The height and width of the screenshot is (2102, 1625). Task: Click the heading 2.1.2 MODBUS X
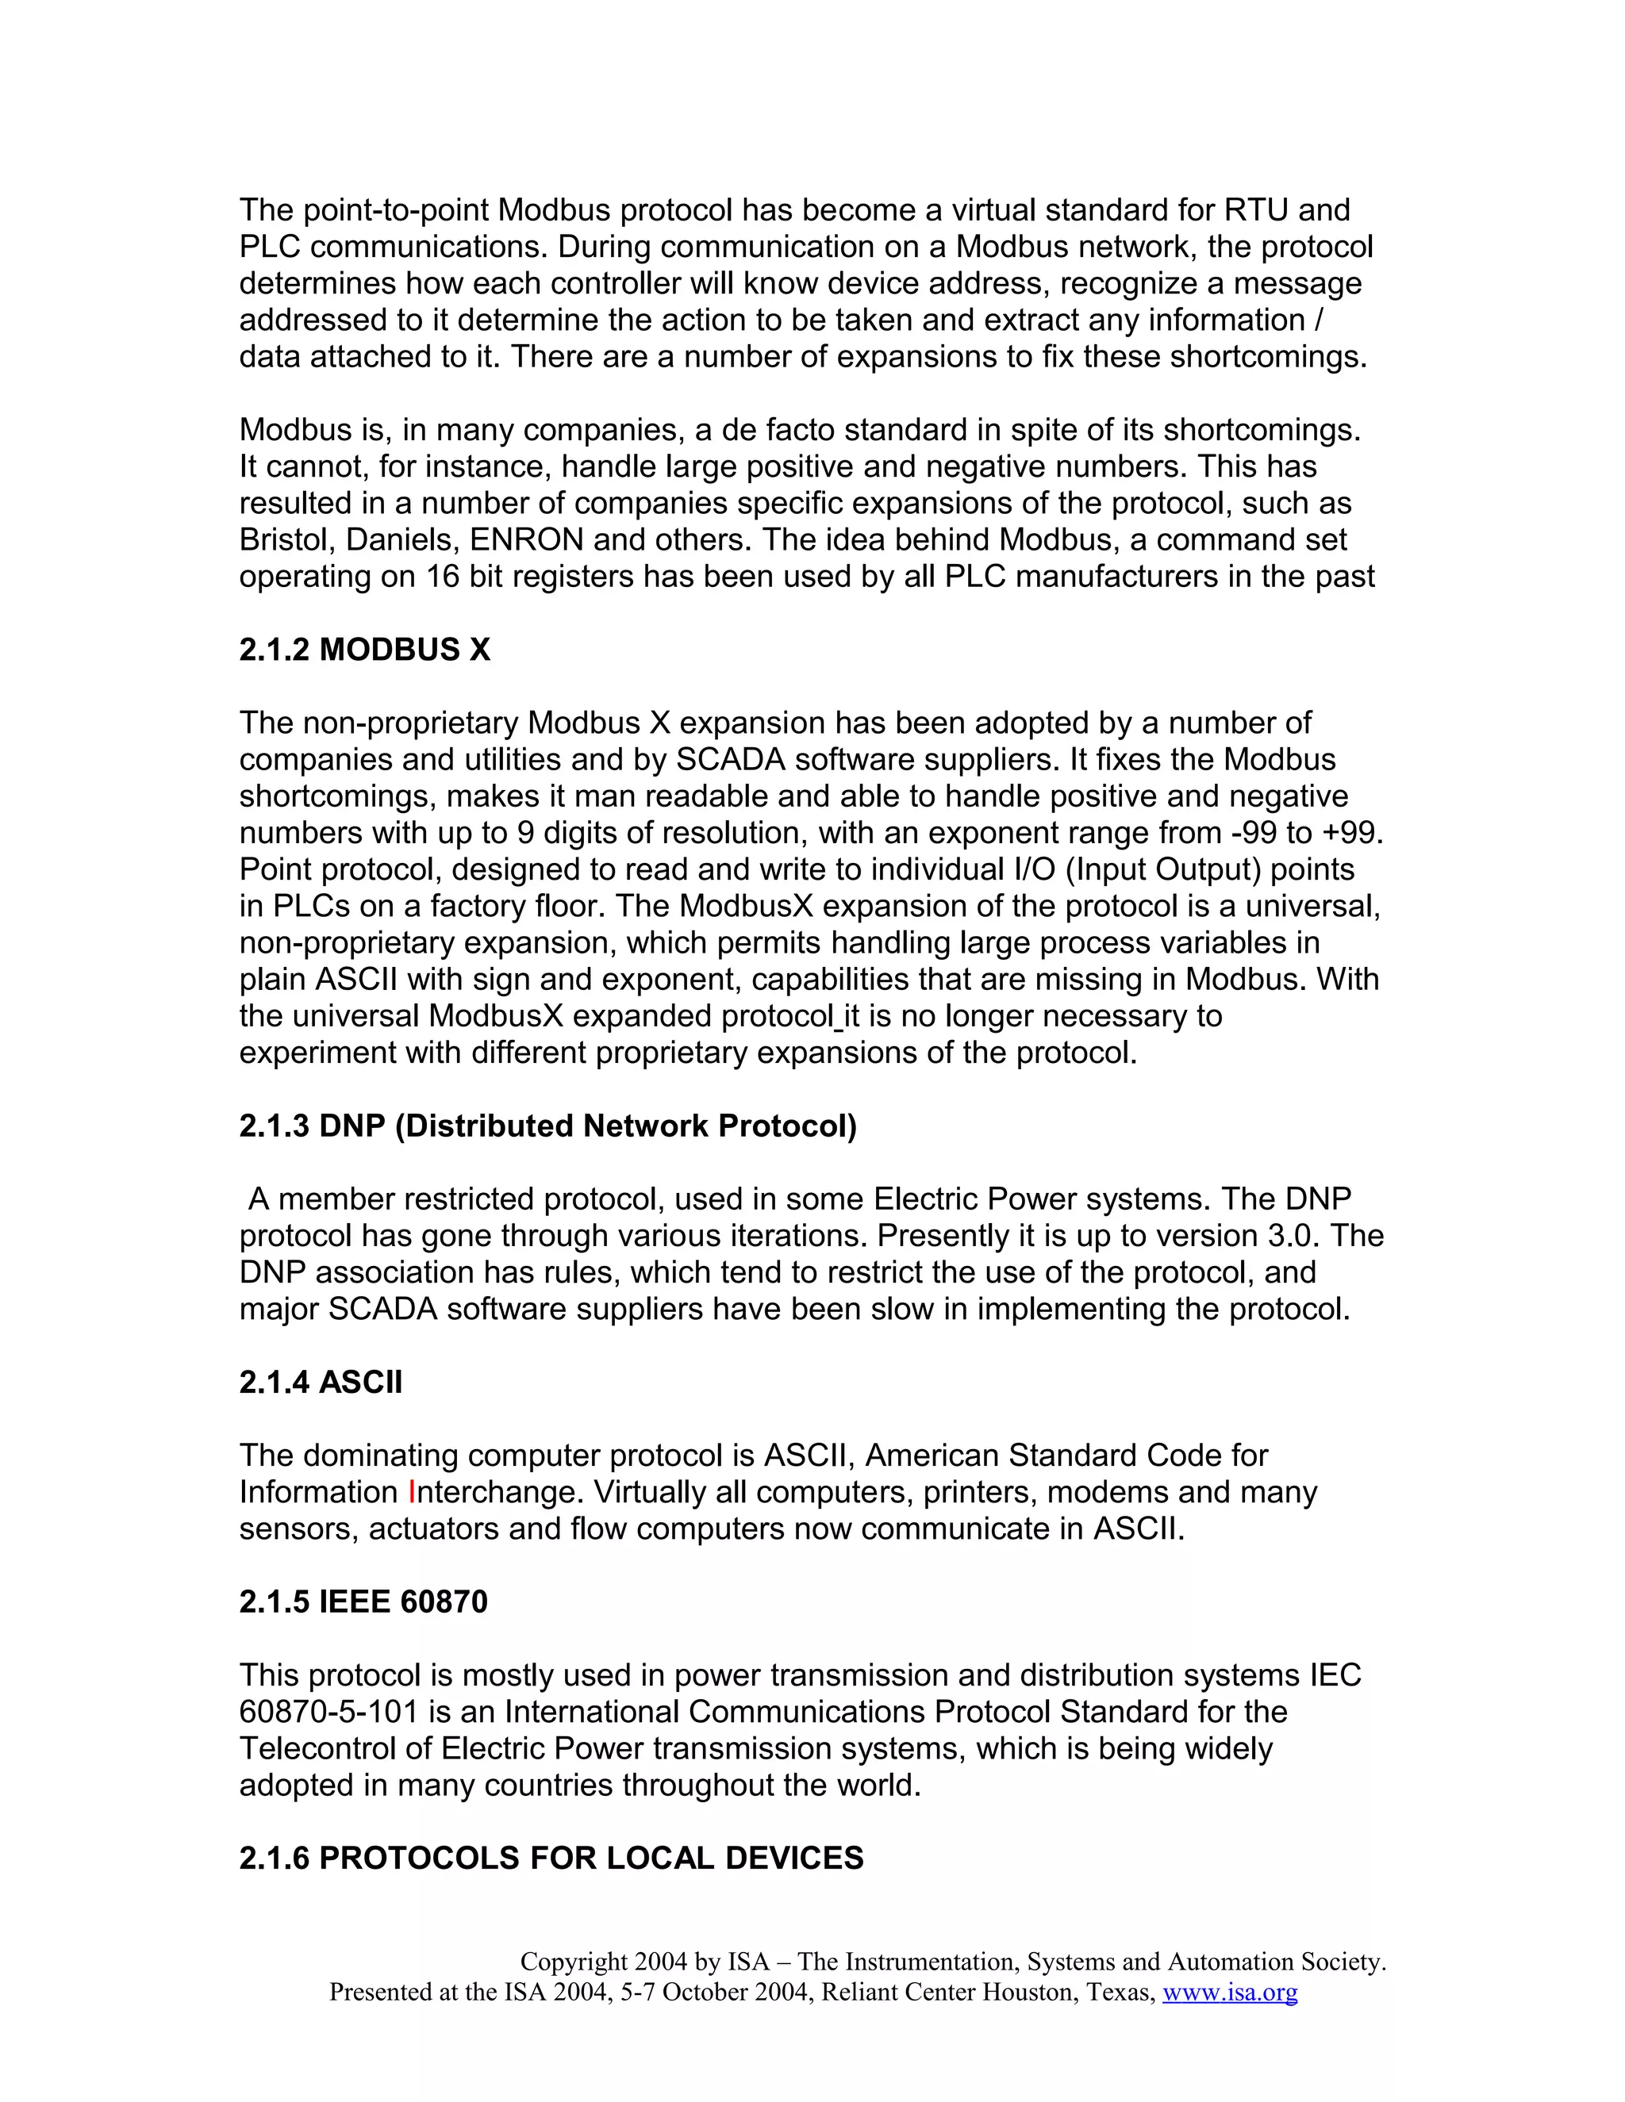tap(365, 650)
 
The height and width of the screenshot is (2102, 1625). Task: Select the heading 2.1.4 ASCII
tap(321, 1382)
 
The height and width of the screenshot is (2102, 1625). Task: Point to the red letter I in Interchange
tap(411, 1492)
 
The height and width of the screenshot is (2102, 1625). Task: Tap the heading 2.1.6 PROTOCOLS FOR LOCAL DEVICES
tap(551, 1858)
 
